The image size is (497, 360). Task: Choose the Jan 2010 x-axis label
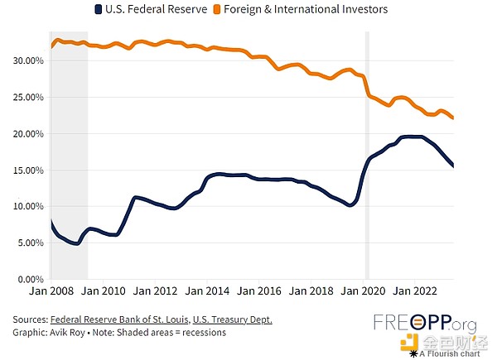104,291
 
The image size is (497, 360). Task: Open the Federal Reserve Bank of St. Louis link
119,319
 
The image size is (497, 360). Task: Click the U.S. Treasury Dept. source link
232,319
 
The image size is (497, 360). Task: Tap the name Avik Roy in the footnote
76,333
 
